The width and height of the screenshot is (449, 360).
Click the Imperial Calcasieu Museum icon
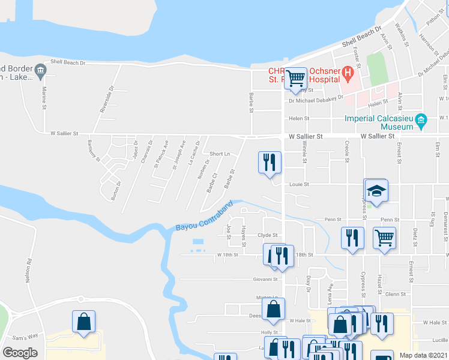coord(421,122)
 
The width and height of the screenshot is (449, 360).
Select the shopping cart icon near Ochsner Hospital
coord(295,79)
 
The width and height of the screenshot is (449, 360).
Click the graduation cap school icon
coord(376,191)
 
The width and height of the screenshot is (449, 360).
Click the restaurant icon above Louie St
coord(269,162)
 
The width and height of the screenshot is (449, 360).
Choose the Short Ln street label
coord(220,154)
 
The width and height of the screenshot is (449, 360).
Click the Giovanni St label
coord(265,279)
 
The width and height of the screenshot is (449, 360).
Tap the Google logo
coord(20,353)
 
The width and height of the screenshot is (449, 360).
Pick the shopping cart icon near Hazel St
coord(384,237)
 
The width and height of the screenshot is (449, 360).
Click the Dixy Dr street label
coord(309,284)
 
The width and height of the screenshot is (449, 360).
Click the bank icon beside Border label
coord(40,71)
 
